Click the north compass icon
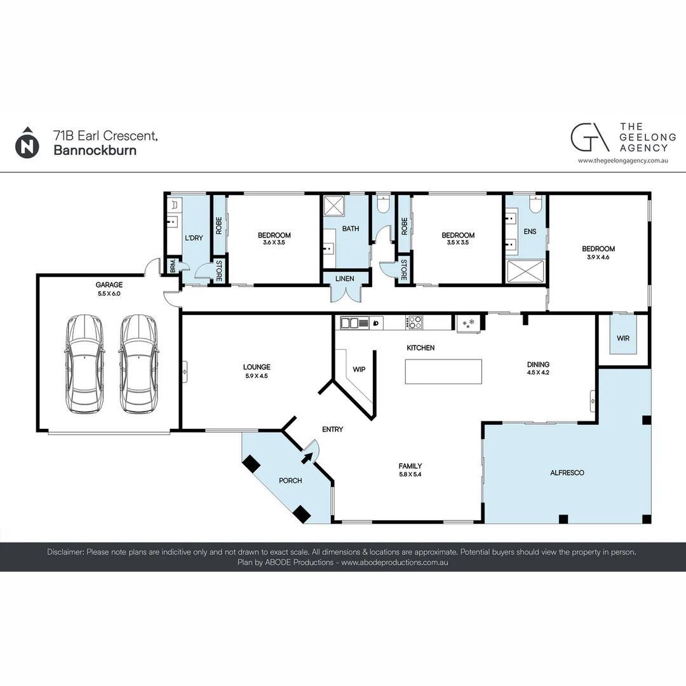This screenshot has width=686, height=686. point(27,143)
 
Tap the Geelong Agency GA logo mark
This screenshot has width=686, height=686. point(589,137)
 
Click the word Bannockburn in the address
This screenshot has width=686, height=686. point(95,150)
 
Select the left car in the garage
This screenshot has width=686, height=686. point(85,364)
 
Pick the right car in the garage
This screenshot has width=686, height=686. point(138,364)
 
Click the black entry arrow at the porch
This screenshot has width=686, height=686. point(307,457)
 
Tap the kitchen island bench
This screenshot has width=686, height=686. point(443,372)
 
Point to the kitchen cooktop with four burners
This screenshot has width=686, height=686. point(414,323)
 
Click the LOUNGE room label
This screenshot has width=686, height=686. point(257,367)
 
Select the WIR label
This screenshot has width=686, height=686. point(623,338)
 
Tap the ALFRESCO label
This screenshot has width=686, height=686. point(567,473)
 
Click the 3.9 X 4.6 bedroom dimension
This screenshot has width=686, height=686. point(598,257)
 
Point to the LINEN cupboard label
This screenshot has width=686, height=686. point(345,279)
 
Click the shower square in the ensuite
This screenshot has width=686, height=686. point(525,271)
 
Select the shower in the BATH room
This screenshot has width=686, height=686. point(334,206)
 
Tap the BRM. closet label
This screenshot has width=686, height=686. point(172,266)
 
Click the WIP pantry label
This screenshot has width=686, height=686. point(359,369)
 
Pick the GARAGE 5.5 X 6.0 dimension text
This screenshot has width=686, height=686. point(109,293)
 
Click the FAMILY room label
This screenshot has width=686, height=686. point(410,466)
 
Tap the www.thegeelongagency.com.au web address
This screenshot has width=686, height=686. point(623,161)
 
